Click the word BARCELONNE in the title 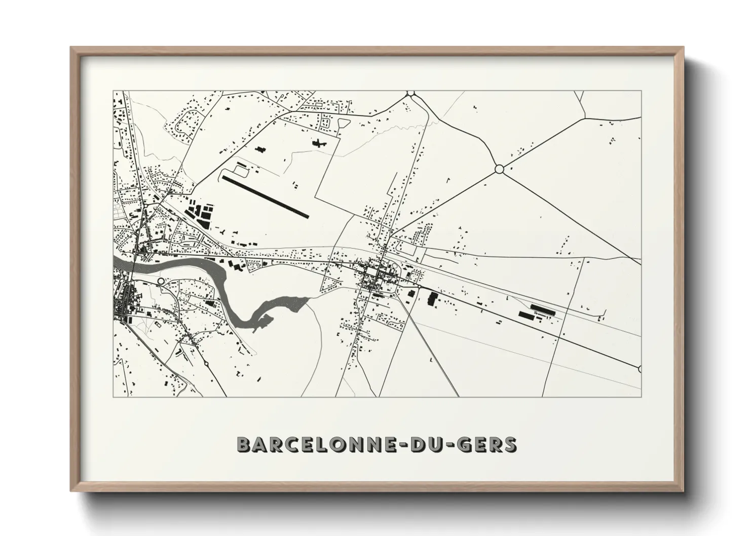315,444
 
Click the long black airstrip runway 265,197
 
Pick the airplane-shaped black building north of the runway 319,144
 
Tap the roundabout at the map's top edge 410,93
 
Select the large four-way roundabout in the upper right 499,169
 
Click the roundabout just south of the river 161,280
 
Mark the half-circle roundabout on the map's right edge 640,369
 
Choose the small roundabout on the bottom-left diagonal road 206,363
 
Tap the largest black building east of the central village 432,298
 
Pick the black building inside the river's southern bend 209,303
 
